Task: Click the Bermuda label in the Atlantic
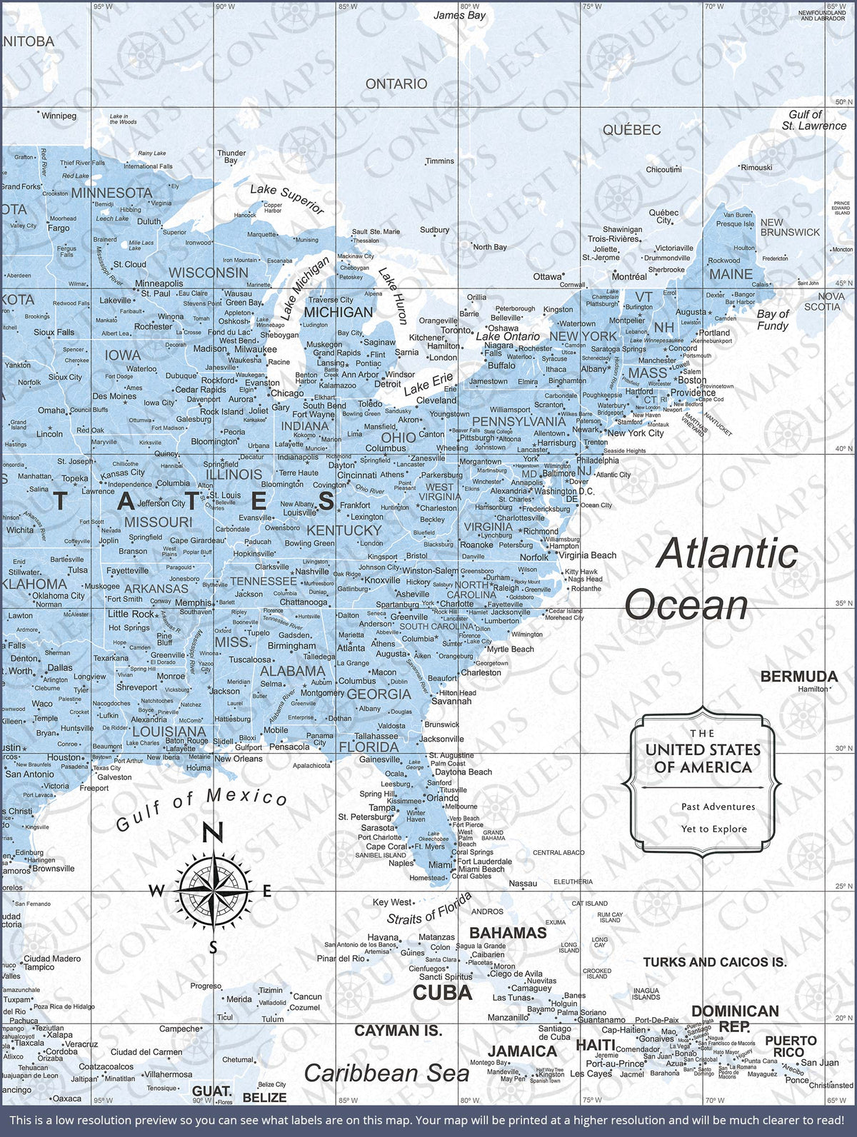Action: [x=798, y=676]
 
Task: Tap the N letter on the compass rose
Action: [x=213, y=832]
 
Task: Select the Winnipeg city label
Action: [x=59, y=116]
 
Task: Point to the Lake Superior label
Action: [x=287, y=199]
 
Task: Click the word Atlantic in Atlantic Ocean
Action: [x=726, y=554]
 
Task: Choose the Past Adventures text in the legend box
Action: [x=718, y=807]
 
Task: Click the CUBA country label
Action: [x=443, y=992]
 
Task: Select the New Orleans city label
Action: [x=239, y=759]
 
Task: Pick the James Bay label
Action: [x=459, y=15]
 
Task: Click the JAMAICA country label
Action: [x=522, y=1051]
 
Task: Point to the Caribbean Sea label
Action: [x=386, y=1073]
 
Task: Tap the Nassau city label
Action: [x=523, y=884]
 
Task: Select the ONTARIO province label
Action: [x=396, y=84]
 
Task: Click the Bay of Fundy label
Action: [x=773, y=320]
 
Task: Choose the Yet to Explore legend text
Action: [x=713, y=829]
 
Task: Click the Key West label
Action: [x=392, y=902]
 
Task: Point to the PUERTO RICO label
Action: [x=789, y=1046]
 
